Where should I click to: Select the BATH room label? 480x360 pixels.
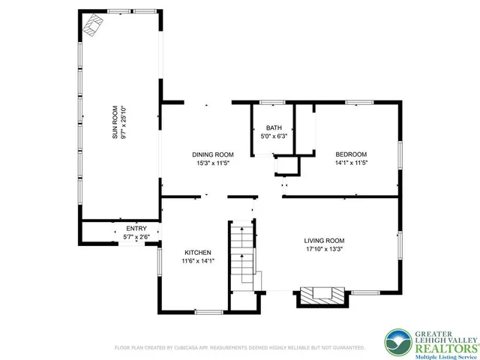pyautogui.click(x=274, y=128)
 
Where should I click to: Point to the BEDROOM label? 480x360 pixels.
pyautogui.click(x=349, y=154)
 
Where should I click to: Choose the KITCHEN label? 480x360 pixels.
pyautogui.click(x=197, y=253)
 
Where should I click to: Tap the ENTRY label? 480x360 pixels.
pyautogui.click(x=136, y=229)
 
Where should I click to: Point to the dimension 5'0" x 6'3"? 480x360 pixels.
pyautogui.click(x=274, y=136)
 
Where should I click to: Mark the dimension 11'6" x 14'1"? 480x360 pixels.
pyautogui.click(x=197, y=262)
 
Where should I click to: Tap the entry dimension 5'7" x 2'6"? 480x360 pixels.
pyautogui.click(x=136, y=237)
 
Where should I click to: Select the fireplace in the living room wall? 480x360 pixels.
pyautogui.click(x=322, y=295)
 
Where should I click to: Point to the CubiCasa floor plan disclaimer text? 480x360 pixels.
pyautogui.click(x=239, y=348)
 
